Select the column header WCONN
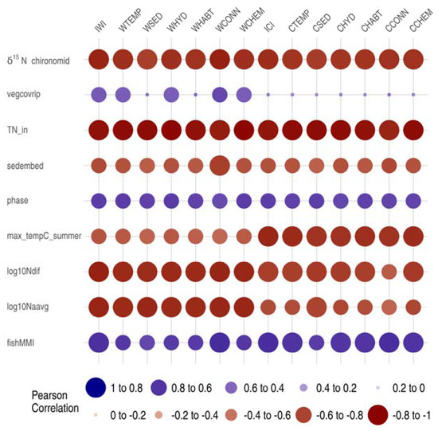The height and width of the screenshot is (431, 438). click(x=224, y=28)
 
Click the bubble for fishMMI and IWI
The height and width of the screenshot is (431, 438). click(x=99, y=342)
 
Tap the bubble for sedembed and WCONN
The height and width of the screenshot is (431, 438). click(x=220, y=165)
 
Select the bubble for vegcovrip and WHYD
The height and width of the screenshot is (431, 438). click(x=171, y=95)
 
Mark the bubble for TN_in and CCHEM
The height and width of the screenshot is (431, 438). click(x=413, y=130)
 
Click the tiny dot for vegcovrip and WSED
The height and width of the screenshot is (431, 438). click(x=147, y=95)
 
